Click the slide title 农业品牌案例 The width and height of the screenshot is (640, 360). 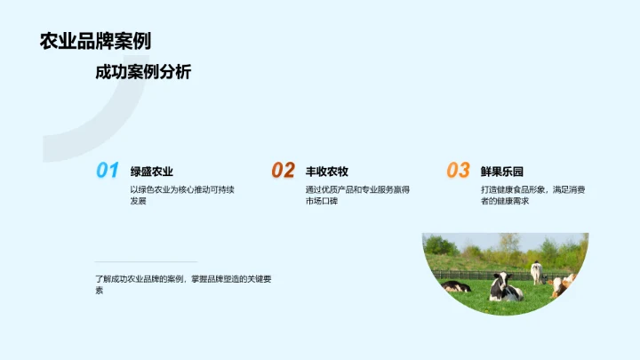pyautogui.click(x=95, y=41)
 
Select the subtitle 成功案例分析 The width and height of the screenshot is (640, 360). pyautogui.click(x=143, y=73)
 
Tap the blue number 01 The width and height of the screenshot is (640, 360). pyautogui.click(x=108, y=171)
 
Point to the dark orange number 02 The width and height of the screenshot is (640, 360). pyautogui.click(x=283, y=171)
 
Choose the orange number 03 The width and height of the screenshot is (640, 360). pyautogui.click(x=458, y=171)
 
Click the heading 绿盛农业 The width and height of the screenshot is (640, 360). pyautogui.click(x=152, y=171)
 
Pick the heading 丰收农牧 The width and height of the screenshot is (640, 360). pyautogui.click(x=327, y=171)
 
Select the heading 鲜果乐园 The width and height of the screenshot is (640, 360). pyautogui.click(x=502, y=171)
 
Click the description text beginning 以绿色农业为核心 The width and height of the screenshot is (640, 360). pyautogui.click(x=182, y=189)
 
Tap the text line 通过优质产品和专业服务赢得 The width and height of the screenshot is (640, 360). pyautogui.click(x=357, y=189)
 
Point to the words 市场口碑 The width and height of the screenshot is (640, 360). pyautogui.click(x=321, y=202)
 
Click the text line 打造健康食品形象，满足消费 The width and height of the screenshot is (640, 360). pyautogui.click(x=532, y=189)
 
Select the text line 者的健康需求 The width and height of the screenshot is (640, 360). pyautogui.click(x=505, y=202)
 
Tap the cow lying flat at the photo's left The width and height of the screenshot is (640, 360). pyautogui.click(x=457, y=287)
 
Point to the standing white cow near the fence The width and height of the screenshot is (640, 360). pyautogui.click(x=536, y=272)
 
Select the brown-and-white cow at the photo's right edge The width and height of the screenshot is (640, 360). pyautogui.click(x=563, y=284)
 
